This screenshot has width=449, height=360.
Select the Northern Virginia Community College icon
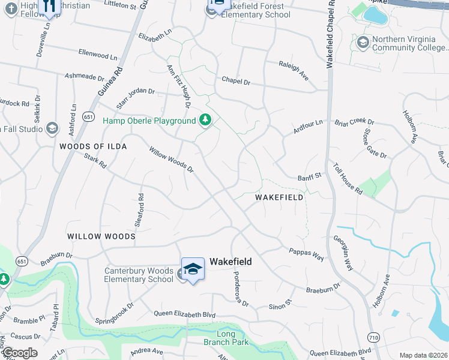click(363, 43)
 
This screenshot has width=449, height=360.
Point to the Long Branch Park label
click(226, 338)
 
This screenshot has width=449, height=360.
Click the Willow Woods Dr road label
click(172, 160)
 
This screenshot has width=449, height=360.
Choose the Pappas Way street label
click(306, 254)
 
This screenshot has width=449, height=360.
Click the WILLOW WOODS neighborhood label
click(101, 237)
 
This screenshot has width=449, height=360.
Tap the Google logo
click(20, 353)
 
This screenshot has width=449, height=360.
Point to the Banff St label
click(310, 176)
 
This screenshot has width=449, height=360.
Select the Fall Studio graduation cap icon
click(52, 128)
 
